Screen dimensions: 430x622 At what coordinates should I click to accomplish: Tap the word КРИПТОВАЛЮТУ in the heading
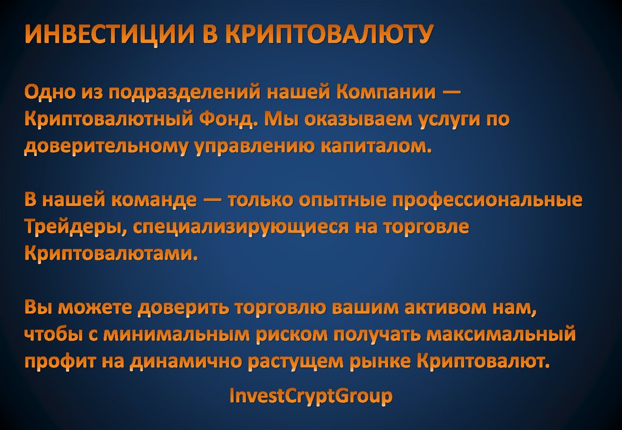click(x=329, y=35)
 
